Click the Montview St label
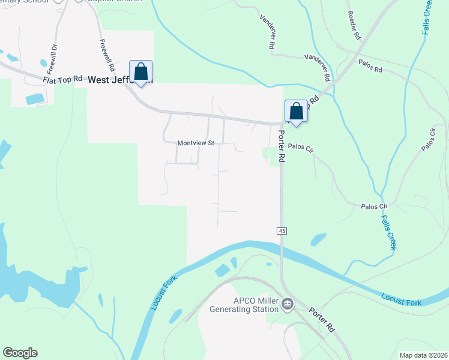196,143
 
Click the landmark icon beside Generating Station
288,305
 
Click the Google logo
20,353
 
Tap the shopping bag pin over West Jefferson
140,72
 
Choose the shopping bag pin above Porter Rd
296,111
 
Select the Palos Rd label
370,65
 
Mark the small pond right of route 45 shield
318,239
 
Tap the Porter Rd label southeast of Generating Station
322,320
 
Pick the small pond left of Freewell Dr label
43,62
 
